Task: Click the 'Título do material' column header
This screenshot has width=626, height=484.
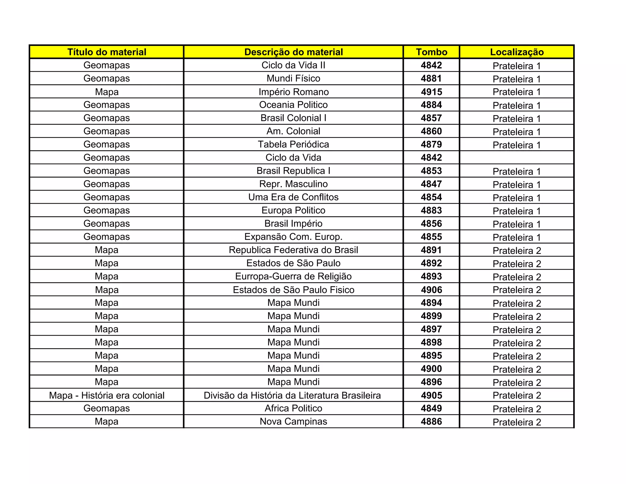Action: [x=107, y=52]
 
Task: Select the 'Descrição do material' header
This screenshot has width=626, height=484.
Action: [x=293, y=52]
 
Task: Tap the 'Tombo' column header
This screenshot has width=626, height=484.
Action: [x=431, y=52]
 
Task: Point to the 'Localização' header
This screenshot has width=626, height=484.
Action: [x=517, y=52]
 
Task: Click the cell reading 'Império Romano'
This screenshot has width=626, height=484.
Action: [x=293, y=92]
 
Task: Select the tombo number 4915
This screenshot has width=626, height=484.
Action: [x=431, y=92]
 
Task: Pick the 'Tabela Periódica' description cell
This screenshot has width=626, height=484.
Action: [x=293, y=144]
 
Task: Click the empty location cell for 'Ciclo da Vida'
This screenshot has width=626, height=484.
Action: [x=517, y=158]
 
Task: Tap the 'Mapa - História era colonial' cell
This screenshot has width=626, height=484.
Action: [x=107, y=395]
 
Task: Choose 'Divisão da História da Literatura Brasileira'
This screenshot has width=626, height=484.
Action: [x=292, y=395]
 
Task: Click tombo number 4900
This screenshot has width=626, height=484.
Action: [x=431, y=369]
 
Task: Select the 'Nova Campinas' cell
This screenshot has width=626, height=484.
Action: [x=293, y=422]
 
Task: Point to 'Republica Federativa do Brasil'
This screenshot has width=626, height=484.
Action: [x=293, y=250]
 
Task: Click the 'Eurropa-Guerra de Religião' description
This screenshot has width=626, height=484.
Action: [x=293, y=276]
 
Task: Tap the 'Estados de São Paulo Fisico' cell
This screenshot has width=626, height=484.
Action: [x=293, y=290]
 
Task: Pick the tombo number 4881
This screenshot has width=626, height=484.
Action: [x=431, y=79]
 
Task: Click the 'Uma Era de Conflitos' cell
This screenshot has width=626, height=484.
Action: [x=293, y=197]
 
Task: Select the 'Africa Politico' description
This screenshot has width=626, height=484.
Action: [x=293, y=408]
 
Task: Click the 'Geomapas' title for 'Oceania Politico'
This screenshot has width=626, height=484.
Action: [x=107, y=105]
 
